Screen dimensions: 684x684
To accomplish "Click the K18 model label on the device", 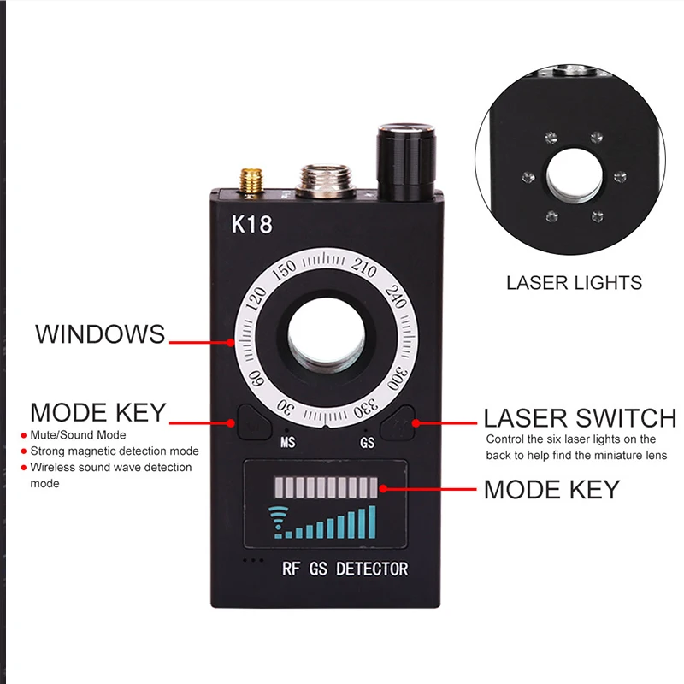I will [251, 225].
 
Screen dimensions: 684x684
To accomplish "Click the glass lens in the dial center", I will [325, 340].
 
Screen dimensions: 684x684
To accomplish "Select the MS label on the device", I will [288, 443].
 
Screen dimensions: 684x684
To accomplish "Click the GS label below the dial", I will [367, 443].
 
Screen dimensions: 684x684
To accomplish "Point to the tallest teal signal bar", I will [371, 521].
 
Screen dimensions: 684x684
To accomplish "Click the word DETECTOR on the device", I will [372, 569].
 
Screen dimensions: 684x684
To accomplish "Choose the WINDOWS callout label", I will [100, 333].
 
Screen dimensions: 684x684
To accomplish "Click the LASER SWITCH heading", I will [580, 418].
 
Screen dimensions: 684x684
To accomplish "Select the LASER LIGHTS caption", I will [574, 282].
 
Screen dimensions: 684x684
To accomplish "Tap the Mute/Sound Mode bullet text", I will [77, 435].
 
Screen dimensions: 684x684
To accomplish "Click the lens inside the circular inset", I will [574, 178].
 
